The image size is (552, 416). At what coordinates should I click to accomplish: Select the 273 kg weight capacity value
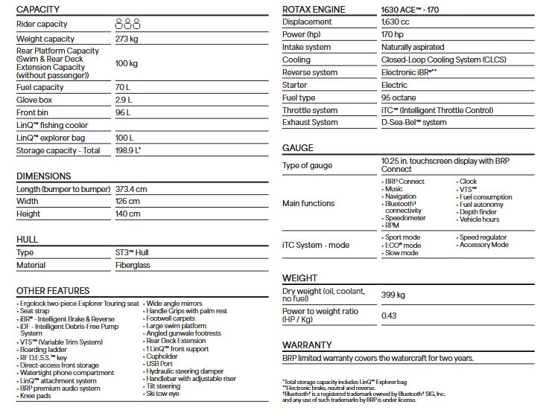(128, 39)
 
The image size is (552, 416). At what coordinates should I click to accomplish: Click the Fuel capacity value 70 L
(124, 87)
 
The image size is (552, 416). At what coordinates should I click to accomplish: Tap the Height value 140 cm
(127, 214)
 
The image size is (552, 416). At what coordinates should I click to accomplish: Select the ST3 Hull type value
(132, 252)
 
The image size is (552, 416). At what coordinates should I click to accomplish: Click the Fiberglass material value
(133, 265)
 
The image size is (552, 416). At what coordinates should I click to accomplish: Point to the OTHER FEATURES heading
(53, 291)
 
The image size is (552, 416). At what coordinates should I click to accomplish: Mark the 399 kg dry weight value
(393, 295)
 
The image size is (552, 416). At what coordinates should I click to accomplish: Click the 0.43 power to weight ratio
(389, 315)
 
